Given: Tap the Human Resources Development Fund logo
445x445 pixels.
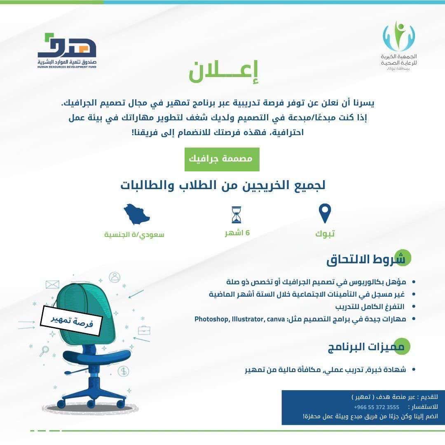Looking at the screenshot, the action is (67, 51).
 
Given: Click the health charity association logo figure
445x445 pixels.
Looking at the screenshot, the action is (399, 36).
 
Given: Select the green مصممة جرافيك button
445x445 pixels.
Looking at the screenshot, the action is (222, 159).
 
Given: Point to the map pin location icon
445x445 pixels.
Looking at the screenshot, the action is (325, 213).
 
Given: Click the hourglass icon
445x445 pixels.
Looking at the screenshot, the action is (237, 215).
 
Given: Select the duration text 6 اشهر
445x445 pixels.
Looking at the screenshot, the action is (237, 233).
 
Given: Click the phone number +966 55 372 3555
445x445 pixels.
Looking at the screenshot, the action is (376, 407).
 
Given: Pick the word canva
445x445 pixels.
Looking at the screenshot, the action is (276, 319).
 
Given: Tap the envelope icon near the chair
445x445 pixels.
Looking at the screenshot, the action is (52, 284).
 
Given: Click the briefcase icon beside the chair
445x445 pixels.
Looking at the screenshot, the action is (144, 330).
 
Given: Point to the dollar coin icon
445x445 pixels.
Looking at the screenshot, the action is (123, 371).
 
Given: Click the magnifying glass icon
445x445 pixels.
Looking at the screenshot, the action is (44, 351).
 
